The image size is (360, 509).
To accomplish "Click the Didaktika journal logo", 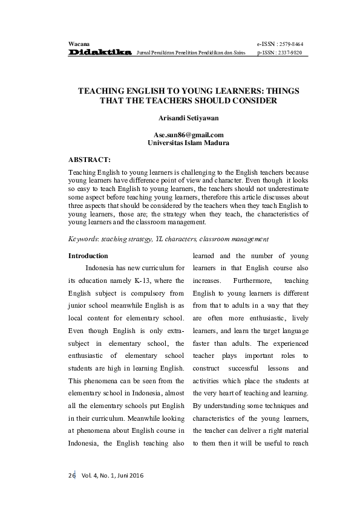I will pyautogui.click(x=100, y=53).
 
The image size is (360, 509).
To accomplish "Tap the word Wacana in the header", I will pyautogui.click(x=79, y=44).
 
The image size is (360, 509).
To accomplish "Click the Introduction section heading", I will pyautogui.click(x=88, y=256).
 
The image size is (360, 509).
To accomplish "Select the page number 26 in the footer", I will pyautogui.click(x=71, y=476).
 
